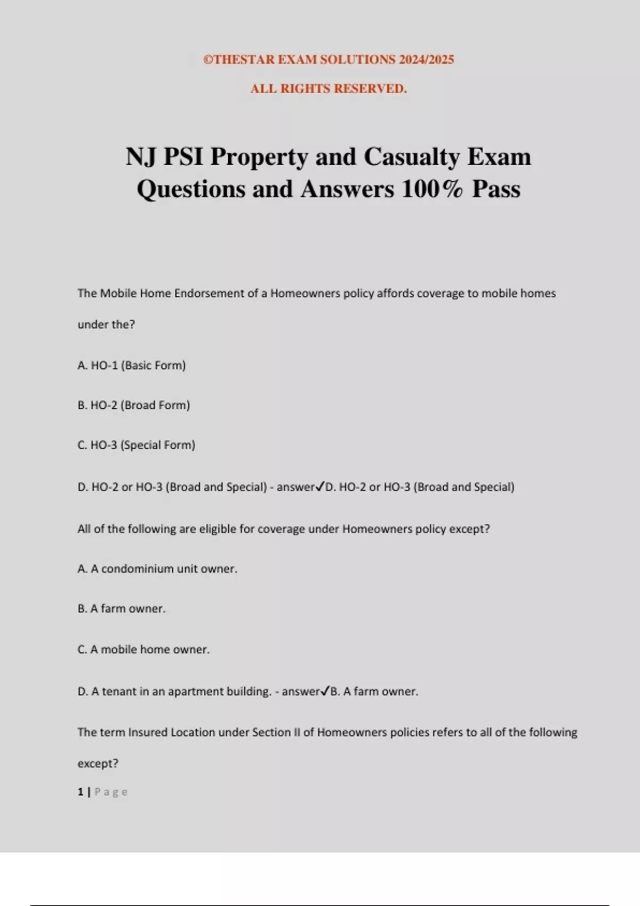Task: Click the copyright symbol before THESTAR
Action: coord(208,60)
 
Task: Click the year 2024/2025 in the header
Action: coord(426,60)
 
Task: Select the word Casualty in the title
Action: coord(411,157)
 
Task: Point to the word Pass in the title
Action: coord(496,189)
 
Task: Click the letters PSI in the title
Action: coord(183,157)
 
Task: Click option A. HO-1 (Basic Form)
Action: coord(132,366)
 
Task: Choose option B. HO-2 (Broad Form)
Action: coord(134,405)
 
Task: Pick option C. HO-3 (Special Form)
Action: coord(137,445)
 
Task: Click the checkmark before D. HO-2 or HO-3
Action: coord(320,486)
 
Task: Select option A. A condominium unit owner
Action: coord(157,569)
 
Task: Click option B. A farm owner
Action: coord(122,609)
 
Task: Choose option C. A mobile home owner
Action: coord(143,649)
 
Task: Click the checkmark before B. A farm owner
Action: coord(325,691)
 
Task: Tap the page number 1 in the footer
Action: coord(81,792)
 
